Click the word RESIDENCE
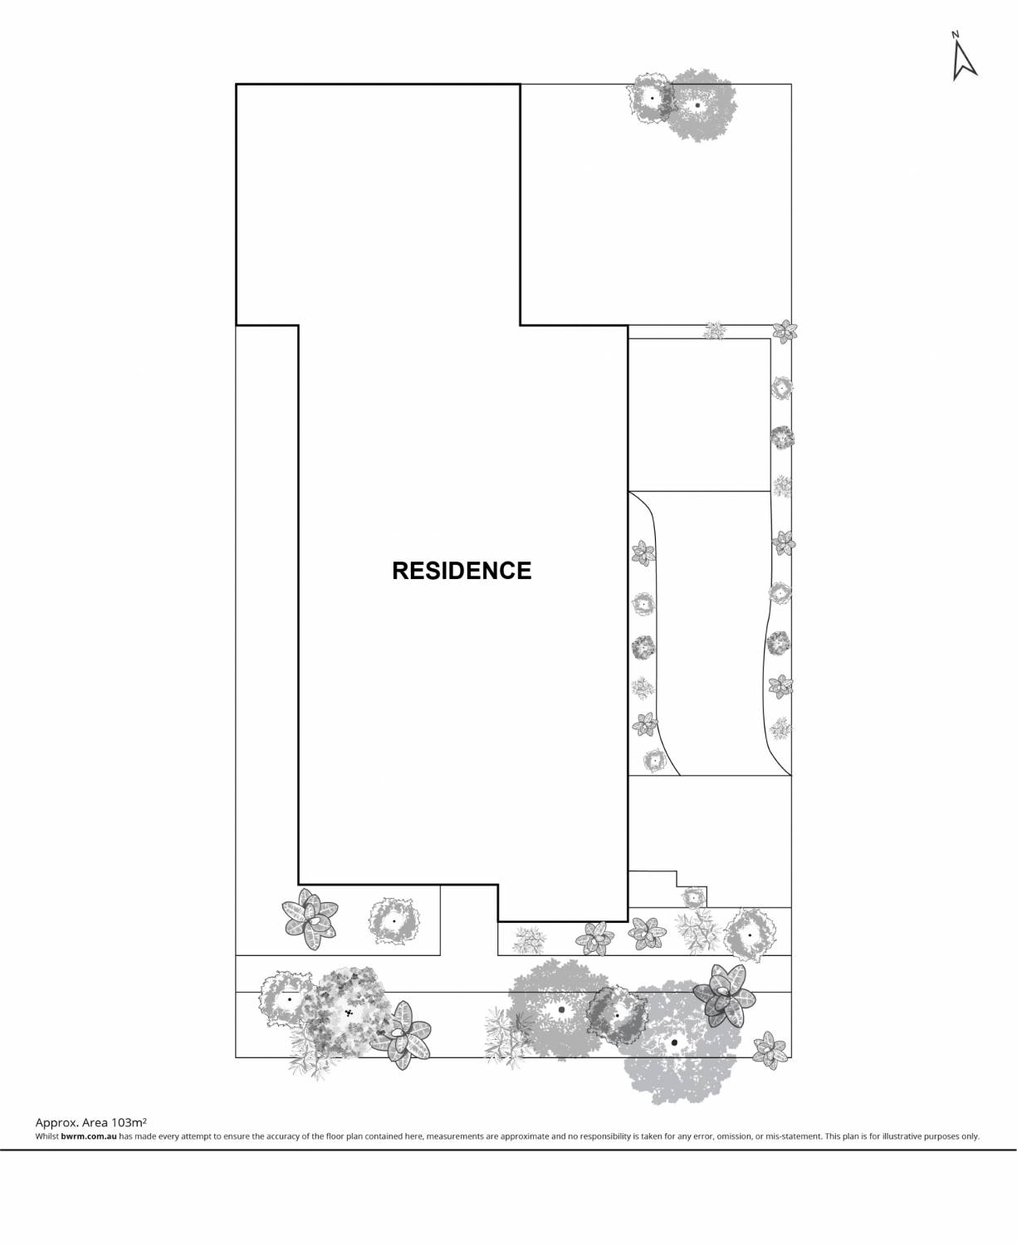point(462,571)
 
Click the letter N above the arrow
point(955,34)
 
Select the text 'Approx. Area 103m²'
point(91,1122)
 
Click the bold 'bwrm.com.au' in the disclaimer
point(89,1136)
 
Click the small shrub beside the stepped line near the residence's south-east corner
point(693,899)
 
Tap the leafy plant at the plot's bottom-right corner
point(769,1050)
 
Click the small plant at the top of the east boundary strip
point(785,331)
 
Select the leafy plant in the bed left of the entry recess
point(310,919)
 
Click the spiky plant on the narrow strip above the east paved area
point(714,331)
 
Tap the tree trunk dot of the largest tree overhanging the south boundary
point(674,1042)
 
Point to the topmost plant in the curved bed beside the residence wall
point(643,553)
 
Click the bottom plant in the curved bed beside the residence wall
point(654,761)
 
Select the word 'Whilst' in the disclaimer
point(47,1136)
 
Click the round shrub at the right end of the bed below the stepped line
point(750,935)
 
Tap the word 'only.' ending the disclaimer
point(971,1136)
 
